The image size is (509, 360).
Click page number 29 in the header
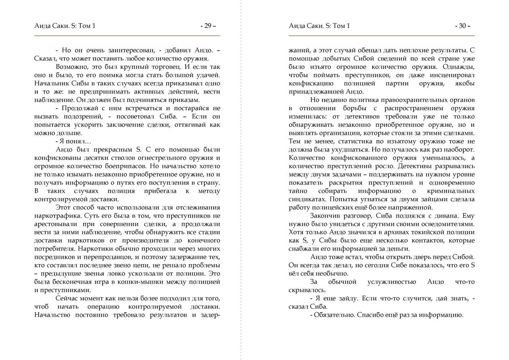tap(208, 26)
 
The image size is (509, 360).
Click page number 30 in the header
tap(462, 26)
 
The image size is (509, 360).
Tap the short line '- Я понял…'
tap(73, 141)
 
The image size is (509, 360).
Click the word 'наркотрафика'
tap(55, 216)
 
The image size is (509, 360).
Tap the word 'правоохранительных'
tap(408, 100)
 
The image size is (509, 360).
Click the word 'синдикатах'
tap(307, 199)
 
